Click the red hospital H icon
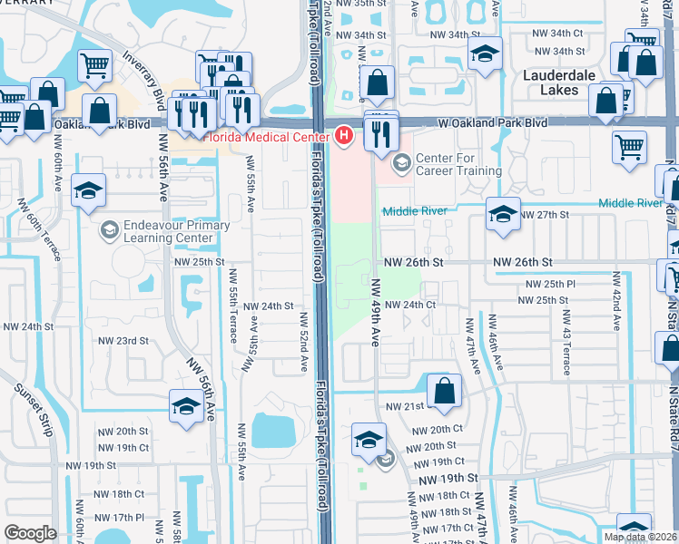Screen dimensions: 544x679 coord(344,136)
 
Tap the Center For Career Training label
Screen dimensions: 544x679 coord(458,164)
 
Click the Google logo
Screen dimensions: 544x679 coord(30,533)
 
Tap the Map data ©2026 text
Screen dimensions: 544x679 coord(640,537)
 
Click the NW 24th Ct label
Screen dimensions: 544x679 coord(410,305)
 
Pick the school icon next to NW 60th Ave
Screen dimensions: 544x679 coord(89,190)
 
